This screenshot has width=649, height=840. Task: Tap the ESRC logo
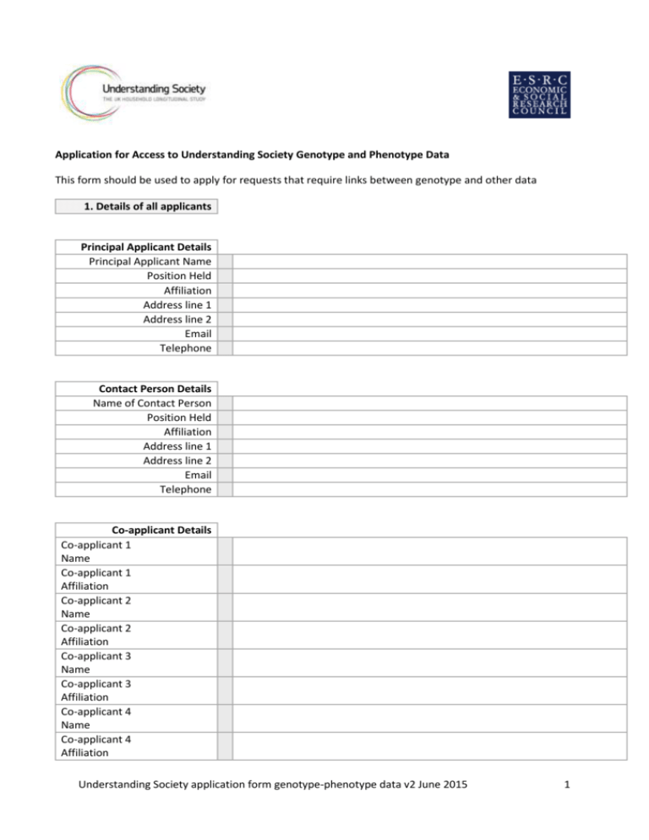[x=537, y=93]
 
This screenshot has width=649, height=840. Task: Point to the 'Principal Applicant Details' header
[x=145, y=247]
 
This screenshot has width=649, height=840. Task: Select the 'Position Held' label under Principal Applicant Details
[x=178, y=275]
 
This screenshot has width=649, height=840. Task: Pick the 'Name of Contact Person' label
[x=152, y=403]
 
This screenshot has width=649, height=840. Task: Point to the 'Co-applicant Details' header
[x=161, y=530]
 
